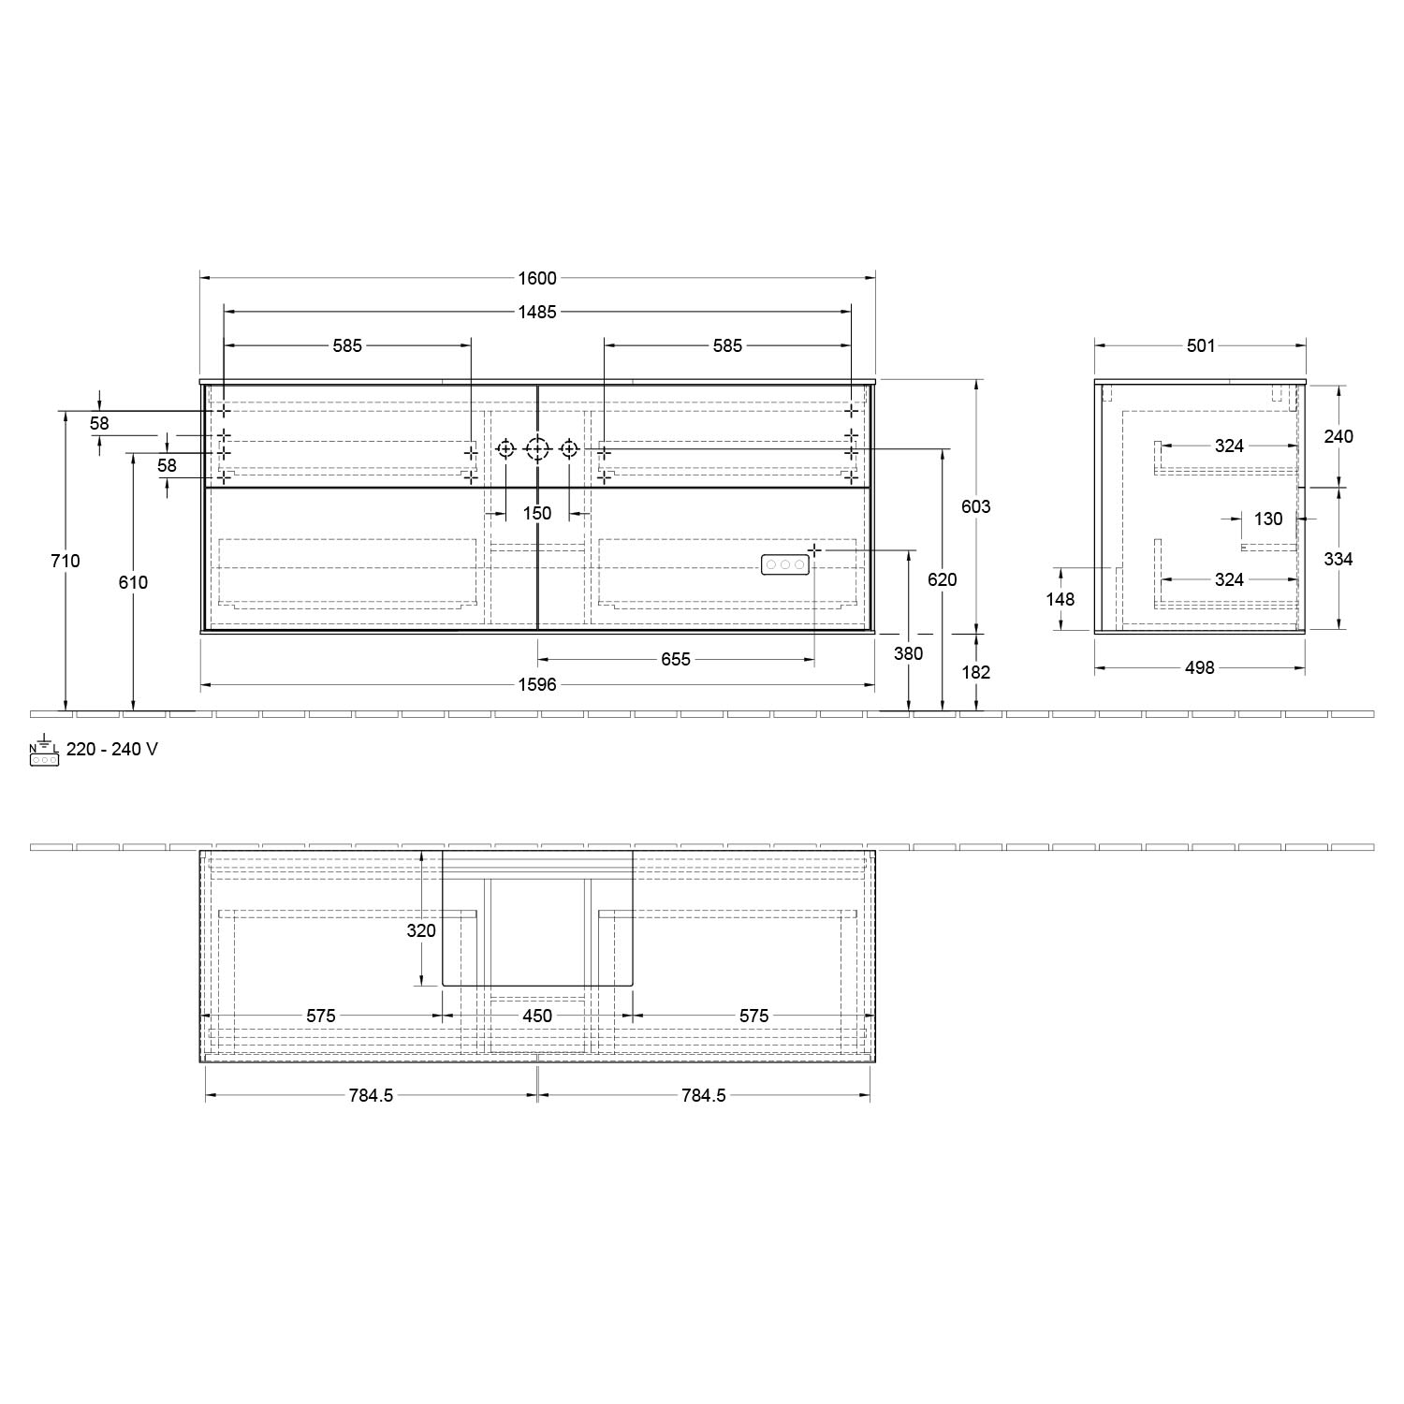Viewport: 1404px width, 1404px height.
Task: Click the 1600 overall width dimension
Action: point(537,278)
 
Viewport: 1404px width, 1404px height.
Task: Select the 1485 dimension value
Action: point(537,312)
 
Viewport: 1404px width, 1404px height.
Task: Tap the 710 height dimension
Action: point(66,561)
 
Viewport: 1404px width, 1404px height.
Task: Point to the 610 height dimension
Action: point(133,582)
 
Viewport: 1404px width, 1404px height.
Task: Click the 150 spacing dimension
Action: point(537,513)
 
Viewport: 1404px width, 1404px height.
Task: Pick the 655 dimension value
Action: point(676,660)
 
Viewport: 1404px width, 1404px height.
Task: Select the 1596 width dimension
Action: point(537,685)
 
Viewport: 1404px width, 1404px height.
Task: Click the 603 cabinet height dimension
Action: point(975,506)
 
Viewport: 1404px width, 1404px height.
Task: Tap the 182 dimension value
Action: point(975,672)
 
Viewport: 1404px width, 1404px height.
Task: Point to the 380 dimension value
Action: point(908,653)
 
